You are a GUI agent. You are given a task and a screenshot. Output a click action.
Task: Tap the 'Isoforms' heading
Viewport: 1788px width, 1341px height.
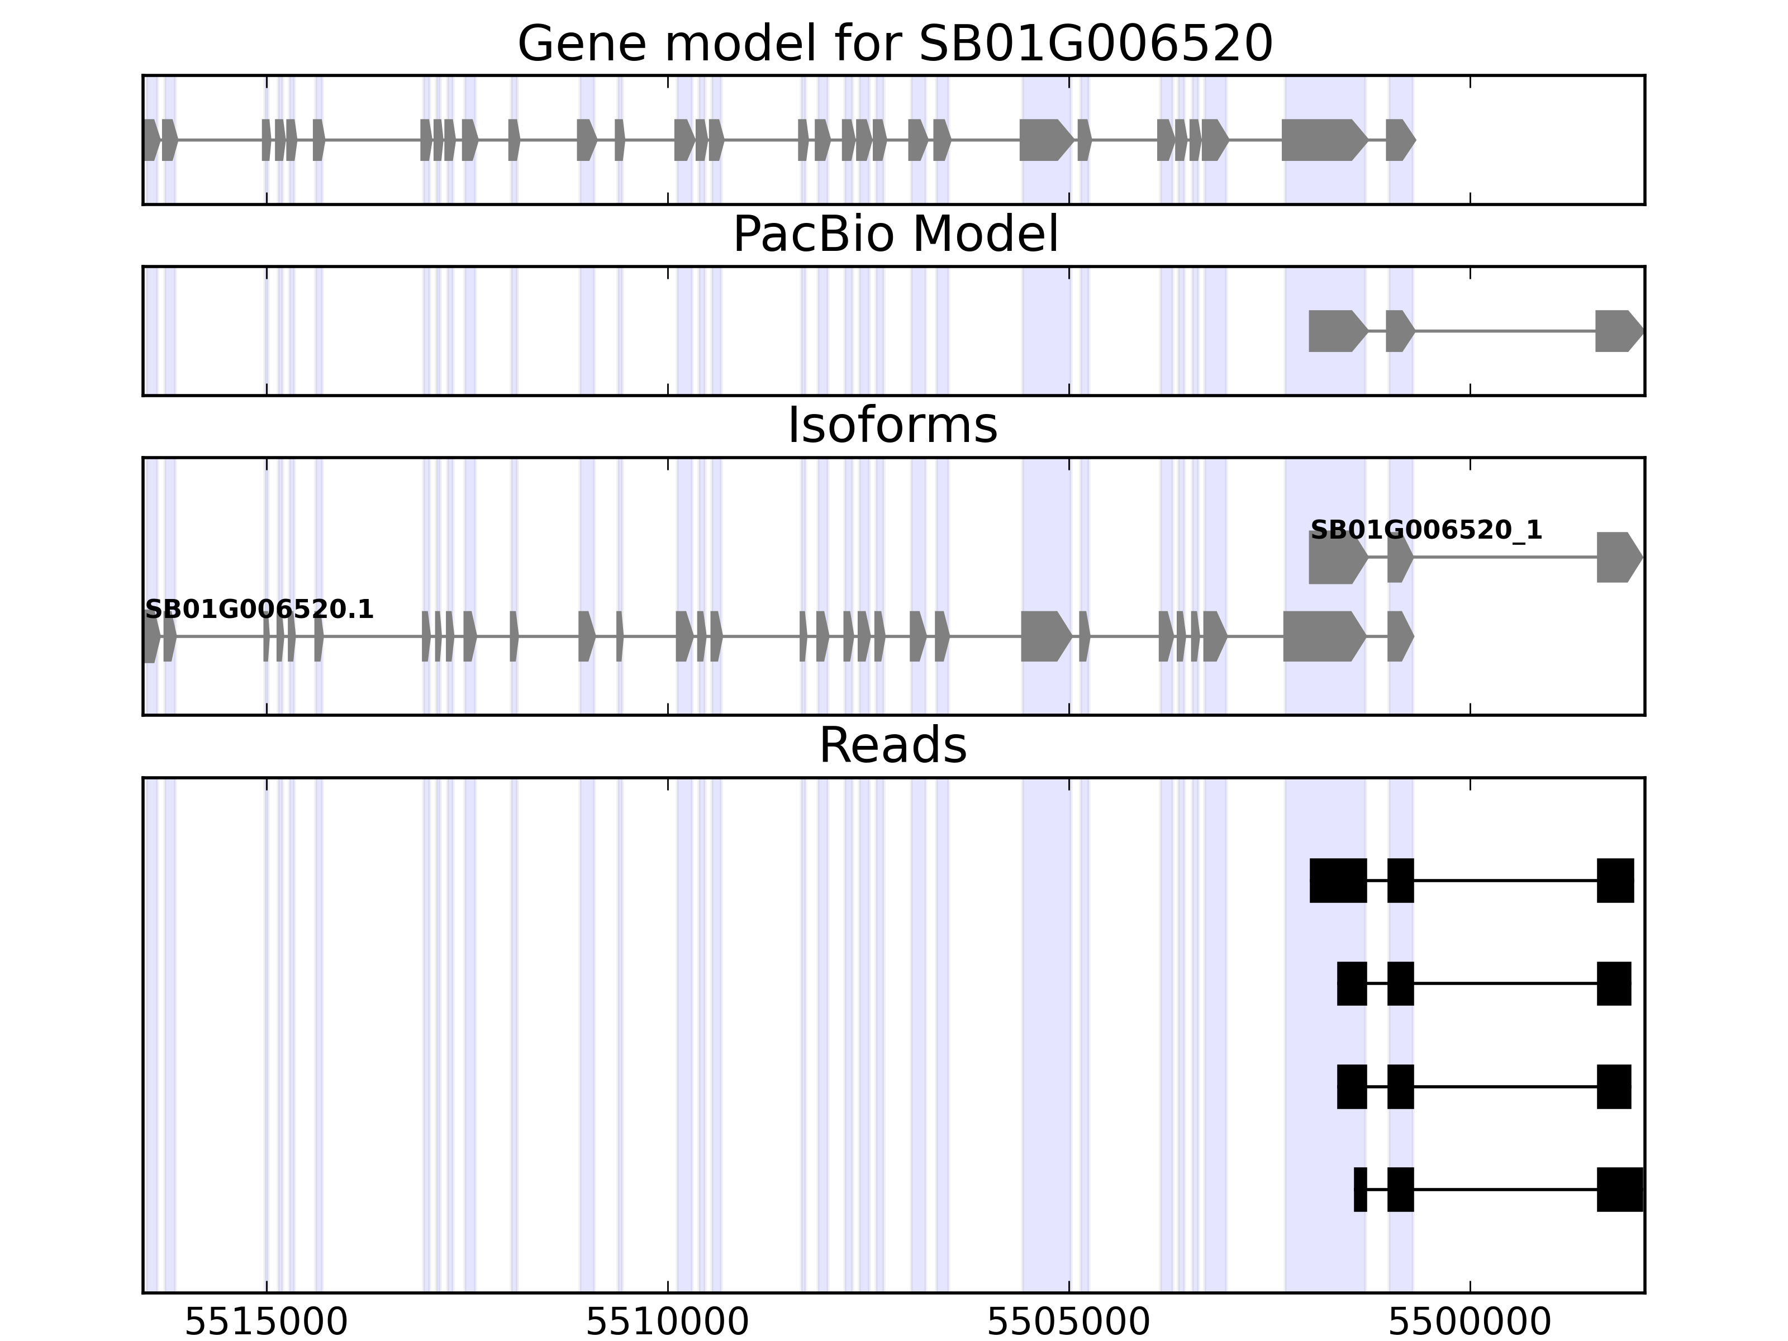[x=892, y=426]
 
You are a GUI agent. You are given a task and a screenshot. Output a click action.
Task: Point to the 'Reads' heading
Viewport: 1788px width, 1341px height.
[x=892, y=745]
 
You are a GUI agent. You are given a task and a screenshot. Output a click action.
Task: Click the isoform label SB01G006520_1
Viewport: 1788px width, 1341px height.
[x=1426, y=530]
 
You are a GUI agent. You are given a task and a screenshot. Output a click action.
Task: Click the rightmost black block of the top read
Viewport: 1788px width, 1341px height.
[x=1615, y=880]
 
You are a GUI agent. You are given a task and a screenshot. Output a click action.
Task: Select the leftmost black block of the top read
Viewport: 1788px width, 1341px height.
[x=1338, y=880]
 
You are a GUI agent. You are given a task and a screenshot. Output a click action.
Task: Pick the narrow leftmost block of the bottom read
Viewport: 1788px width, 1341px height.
[x=1361, y=1190]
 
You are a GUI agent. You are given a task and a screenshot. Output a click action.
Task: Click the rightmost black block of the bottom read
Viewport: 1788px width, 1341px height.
[x=1620, y=1190]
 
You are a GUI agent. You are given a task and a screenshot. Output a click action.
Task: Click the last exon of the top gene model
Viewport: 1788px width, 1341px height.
[x=1399, y=140]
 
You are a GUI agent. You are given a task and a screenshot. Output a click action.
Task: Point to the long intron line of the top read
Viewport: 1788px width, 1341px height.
[x=1505, y=880]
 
